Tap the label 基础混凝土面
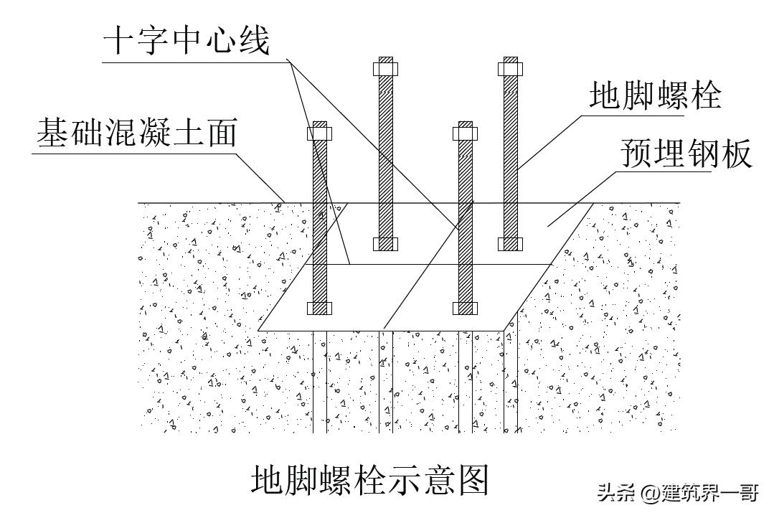(x=136, y=133)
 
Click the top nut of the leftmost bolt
(x=320, y=133)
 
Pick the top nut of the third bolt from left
(x=465, y=133)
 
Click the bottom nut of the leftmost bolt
(x=320, y=308)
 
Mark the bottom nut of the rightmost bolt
(x=510, y=243)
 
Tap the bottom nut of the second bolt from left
(x=386, y=243)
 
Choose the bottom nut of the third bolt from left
(x=465, y=309)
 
